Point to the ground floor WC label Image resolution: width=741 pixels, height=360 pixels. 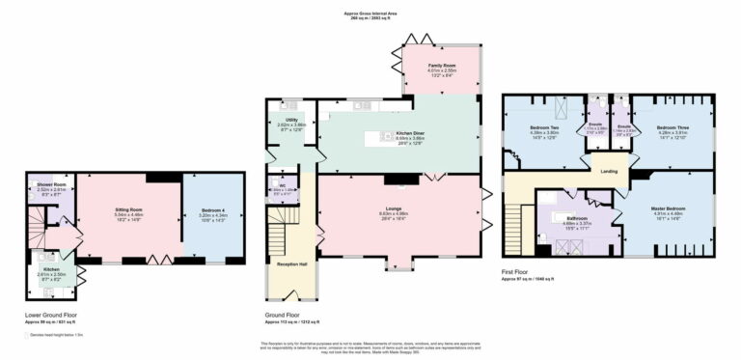(282, 184)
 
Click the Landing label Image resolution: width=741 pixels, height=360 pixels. (609, 172)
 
